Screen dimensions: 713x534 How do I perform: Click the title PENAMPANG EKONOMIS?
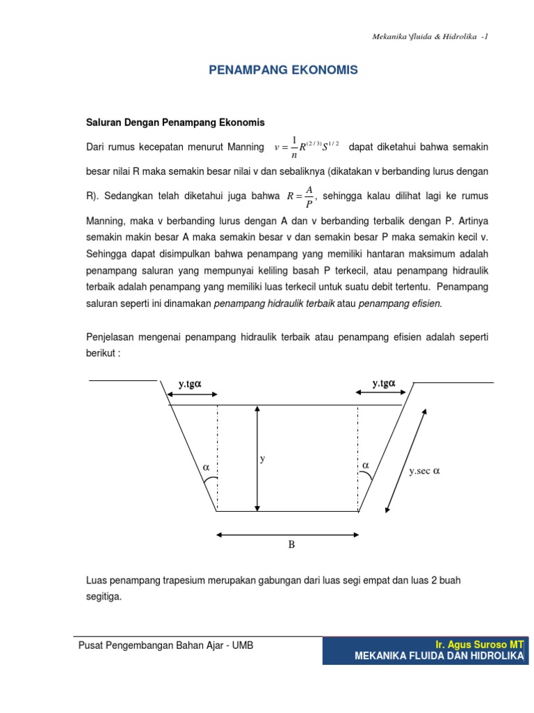284,70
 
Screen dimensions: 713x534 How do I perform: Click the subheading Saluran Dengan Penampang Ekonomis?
175,123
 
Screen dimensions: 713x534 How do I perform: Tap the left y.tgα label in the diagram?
189,383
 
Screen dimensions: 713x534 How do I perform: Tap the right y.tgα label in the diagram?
383,383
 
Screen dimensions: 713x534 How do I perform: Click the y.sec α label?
425,471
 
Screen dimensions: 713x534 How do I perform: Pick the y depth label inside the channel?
263,459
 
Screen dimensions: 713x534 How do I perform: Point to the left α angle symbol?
206,468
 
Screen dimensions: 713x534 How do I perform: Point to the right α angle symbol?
365,464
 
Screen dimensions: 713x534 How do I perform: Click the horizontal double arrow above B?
288,535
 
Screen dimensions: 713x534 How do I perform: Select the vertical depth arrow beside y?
257,460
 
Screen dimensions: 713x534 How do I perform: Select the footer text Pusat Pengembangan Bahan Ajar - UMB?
165,645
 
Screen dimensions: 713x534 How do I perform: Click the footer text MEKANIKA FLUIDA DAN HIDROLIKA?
438,656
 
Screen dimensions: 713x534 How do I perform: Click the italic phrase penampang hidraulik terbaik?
275,304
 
